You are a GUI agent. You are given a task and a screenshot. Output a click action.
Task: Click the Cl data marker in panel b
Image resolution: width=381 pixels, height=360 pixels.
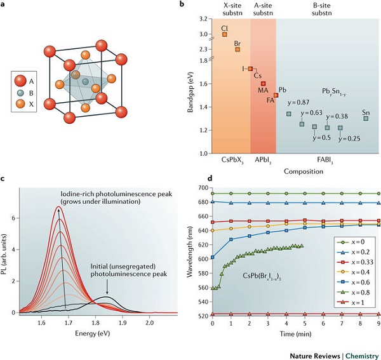click(x=224, y=35)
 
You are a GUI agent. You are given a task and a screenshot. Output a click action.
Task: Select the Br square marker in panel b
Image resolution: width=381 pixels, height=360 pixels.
click(x=237, y=49)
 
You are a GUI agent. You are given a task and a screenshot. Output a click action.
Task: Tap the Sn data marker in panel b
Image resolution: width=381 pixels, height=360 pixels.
click(x=366, y=118)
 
